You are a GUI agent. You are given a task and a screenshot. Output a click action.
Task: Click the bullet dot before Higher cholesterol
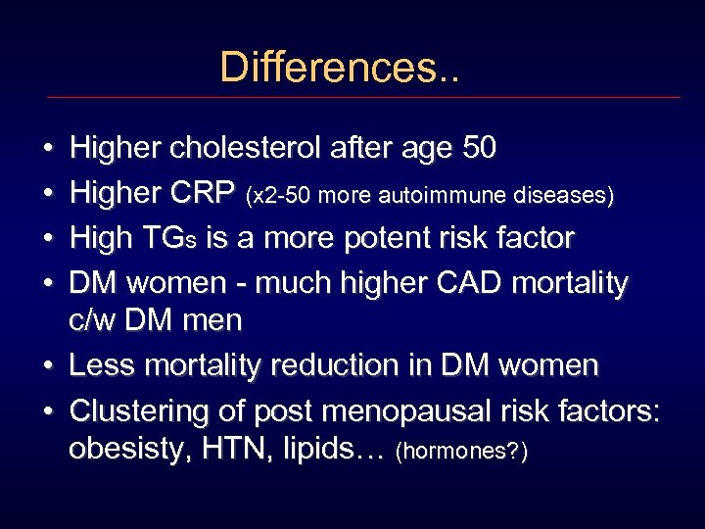pyautogui.click(x=48, y=150)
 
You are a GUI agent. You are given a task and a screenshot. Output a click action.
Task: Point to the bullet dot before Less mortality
pyautogui.click(x=48, y=366)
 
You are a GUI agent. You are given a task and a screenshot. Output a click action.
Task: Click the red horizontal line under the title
pyautogui.click(x=362, y=97)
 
